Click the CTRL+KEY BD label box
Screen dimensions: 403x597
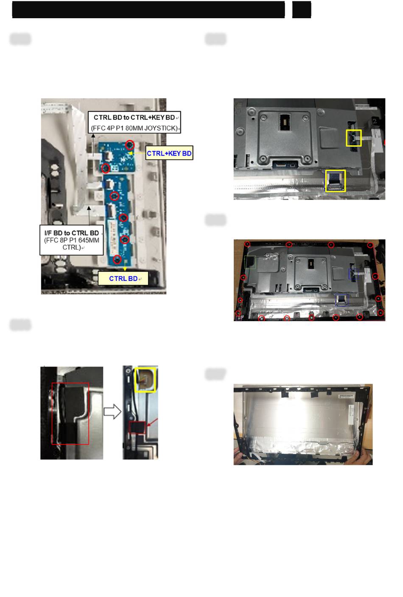point(169,153)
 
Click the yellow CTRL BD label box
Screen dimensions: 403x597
point(123,278)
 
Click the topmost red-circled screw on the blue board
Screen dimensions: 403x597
point(130,145)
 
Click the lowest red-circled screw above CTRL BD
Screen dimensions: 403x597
point(117,259)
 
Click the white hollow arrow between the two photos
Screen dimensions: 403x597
point(112,411)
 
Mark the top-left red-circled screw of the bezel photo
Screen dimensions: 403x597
point(247,244)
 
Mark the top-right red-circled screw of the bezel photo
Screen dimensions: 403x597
point(370,245)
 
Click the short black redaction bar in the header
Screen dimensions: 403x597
point(302,10)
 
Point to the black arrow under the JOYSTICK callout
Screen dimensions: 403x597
point(93,145)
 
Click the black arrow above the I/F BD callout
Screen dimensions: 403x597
point(89,216)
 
